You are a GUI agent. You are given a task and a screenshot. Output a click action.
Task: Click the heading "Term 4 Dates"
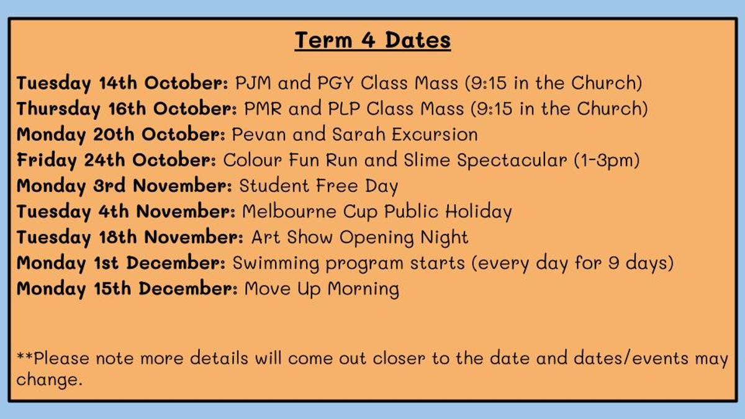click(372, 40)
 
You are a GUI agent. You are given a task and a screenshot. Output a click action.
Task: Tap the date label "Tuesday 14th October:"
click(122, 83)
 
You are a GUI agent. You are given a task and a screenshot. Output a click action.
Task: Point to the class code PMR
click(263, 109)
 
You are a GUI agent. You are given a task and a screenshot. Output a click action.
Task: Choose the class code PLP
click(344, 109)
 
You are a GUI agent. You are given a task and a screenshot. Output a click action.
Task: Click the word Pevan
click(259, 134)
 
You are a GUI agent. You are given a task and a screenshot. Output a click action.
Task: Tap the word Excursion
click(435, 134)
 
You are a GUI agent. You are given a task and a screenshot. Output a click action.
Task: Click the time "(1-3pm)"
click(607, 161)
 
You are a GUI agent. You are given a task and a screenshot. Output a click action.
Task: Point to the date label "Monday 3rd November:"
click(124, 186)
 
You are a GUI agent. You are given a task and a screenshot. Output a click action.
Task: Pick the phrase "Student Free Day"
click(318, 186)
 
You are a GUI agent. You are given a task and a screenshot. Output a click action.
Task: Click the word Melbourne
click(289, 212)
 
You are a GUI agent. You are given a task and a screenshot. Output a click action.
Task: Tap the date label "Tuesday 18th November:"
click(130, 237)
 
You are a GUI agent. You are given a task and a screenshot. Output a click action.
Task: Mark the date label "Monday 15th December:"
click(127, 289)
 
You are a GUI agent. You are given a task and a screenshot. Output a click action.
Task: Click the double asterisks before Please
click(25, 356)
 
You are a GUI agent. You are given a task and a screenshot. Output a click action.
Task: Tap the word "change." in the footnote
click(49, 379)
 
